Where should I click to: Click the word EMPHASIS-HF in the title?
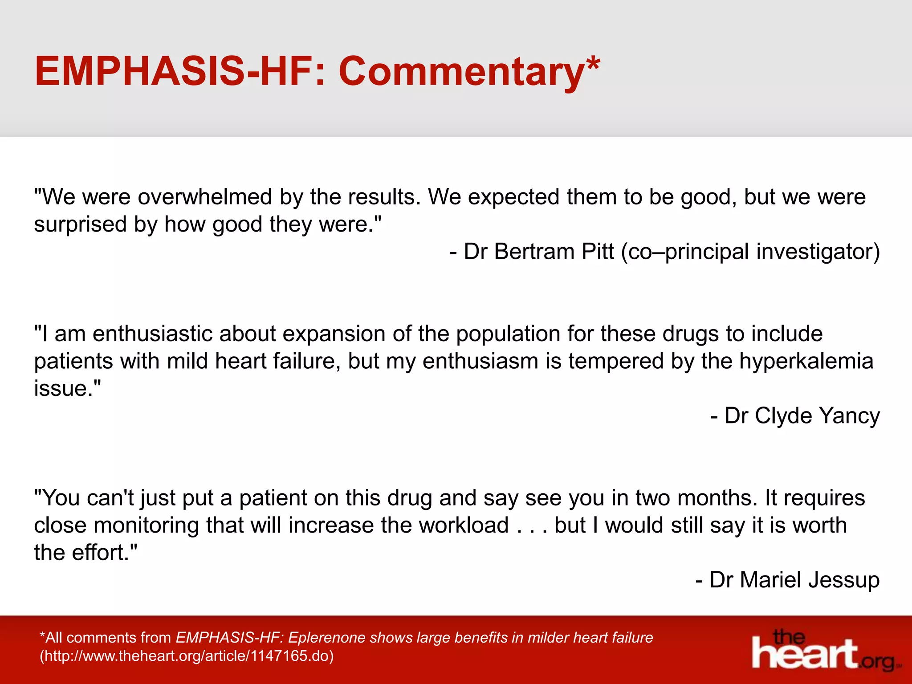click(174, 71)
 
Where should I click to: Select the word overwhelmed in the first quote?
click(205, 197)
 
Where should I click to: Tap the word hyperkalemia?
click(806, 361)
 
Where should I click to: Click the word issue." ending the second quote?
click(67, 388)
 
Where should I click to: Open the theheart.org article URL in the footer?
click(187, 656)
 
